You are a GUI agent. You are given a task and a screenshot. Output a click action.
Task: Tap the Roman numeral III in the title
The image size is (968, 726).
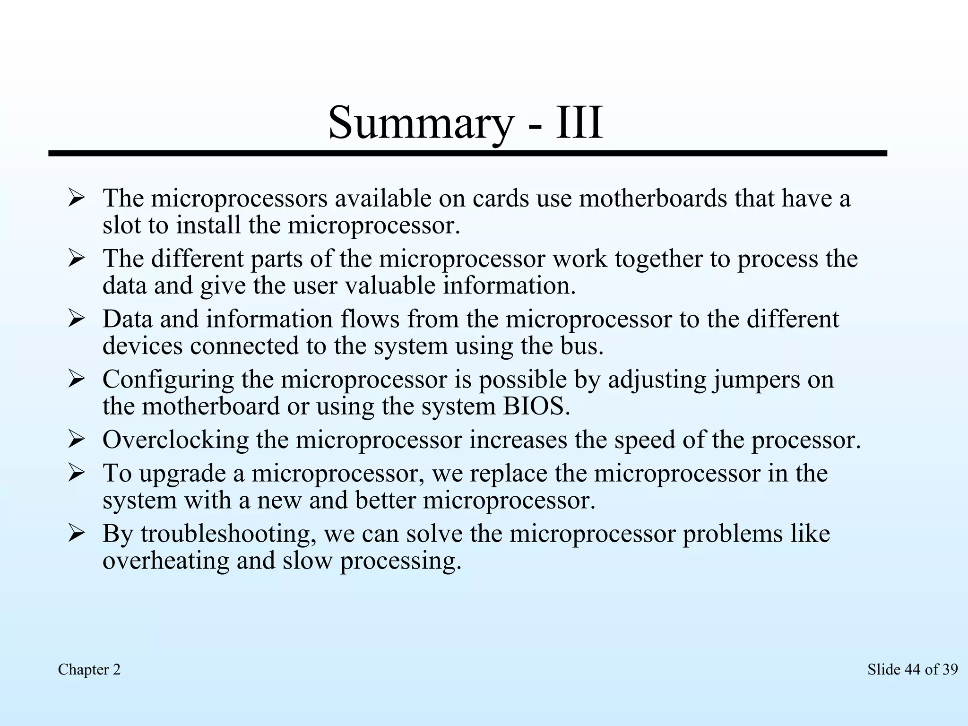coord(579,123)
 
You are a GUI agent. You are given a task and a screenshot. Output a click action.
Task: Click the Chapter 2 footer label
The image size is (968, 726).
coord(89,669)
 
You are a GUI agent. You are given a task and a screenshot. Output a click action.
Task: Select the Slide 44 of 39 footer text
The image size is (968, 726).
coord(912,669)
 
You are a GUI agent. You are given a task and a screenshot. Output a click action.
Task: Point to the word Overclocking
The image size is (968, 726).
coord(175,440)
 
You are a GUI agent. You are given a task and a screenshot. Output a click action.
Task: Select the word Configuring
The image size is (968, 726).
coord(168,380)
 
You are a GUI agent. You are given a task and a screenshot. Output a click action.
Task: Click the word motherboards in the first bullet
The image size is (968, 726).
coord(653,199)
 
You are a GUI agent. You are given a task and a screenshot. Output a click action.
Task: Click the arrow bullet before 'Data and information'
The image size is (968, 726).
coord(76,319)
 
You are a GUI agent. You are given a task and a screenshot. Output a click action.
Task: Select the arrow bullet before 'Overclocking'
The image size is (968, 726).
coord(76,440)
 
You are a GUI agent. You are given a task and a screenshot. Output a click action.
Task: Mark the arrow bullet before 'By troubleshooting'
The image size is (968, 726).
coord(76,534)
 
